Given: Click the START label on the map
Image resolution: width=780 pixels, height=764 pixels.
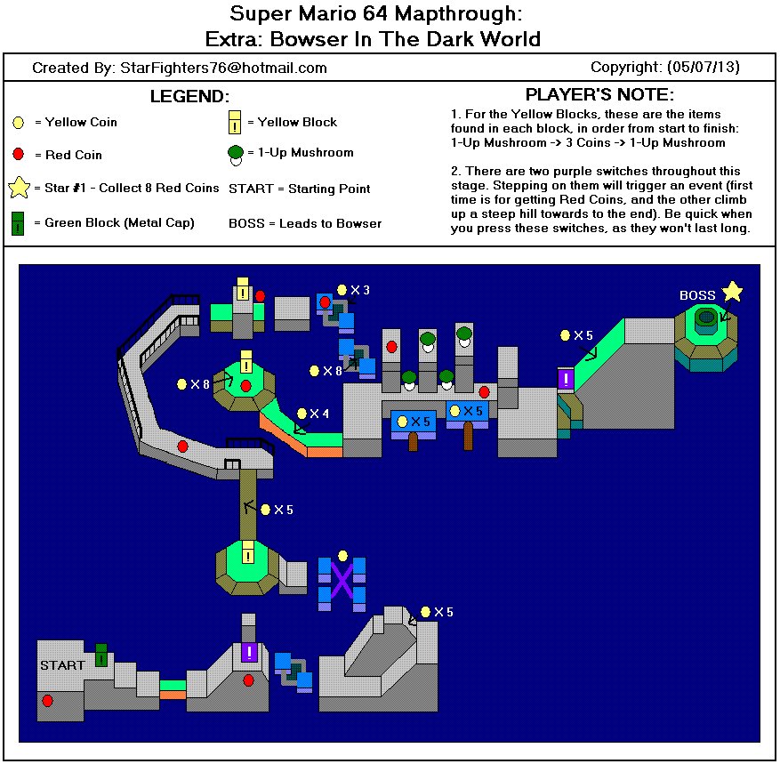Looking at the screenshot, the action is tap(62, 664).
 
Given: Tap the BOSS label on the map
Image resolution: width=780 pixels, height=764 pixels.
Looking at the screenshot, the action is tap(697, 295).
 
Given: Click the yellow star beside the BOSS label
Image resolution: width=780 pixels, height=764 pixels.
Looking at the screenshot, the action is tap(732, 291).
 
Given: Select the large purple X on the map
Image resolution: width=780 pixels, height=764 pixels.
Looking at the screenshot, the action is tap(342, 582).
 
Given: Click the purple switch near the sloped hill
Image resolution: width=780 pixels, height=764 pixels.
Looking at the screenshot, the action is tap(566, 380).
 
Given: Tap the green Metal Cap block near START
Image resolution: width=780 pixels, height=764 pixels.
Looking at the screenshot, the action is tap(101, 655).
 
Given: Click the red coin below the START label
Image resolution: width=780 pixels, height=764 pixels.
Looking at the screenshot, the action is tap(47, 701).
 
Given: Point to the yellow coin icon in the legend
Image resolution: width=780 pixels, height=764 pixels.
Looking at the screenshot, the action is tap(19, 122).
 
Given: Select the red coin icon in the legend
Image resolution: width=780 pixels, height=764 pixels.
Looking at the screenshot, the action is tap(19, 155).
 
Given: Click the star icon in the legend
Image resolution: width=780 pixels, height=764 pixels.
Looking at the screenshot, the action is tap(19, 189).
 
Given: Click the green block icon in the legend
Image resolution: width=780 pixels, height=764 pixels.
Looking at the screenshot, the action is tap(19, 222).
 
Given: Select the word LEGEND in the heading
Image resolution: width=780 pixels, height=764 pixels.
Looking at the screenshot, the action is tap(189, 96).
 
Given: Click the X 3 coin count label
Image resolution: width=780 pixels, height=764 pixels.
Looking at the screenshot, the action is tap(359, 290).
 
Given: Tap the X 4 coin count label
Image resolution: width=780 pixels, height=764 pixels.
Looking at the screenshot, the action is tap(318, 414).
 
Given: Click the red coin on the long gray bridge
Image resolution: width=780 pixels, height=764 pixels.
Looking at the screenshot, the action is tap(182, 446).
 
